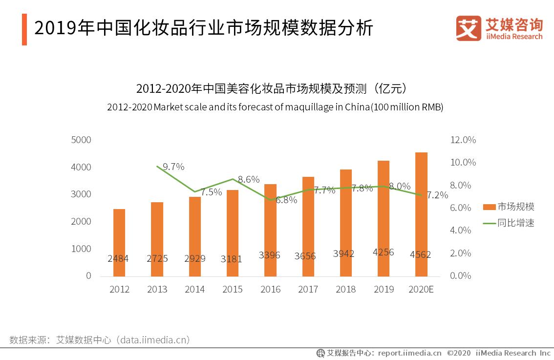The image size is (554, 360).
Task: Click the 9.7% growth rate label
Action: pos(173,167)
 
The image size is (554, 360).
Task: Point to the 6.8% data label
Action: pos(286,200)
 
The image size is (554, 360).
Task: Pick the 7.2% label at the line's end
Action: pos(437,195)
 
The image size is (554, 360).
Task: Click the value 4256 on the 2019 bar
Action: pos(384,253)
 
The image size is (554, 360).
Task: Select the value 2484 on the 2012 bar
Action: pos(118,258)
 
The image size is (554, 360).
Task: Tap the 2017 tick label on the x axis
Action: pos(308,289)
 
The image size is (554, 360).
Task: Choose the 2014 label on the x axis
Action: pos(194,289)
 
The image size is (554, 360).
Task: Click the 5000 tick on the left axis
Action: pos(81,140)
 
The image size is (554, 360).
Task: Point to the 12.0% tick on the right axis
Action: pos(462,140)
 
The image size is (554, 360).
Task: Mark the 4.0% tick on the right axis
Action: pos(460,230)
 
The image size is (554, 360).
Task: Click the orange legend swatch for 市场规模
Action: pos(489,207)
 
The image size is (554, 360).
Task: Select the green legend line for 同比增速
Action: pos(489,223)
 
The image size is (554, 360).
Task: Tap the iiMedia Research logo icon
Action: pos(469,28)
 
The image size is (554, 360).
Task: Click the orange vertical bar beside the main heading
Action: pos(24,29)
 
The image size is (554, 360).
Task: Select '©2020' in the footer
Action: pos(459,353)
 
